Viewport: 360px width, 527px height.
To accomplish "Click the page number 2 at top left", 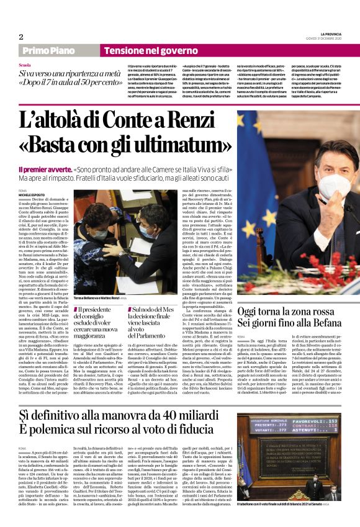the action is (20, 37).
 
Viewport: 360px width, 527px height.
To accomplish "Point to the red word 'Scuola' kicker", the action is (25, 65).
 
